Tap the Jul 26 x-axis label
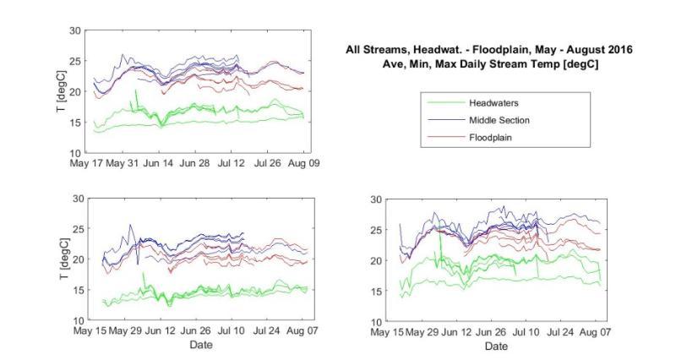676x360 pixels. click(x=269, y=163)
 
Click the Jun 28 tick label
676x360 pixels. click(x=199, y=163)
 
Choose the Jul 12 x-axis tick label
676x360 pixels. click(x=232, y=163)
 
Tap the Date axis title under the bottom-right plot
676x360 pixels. click(x=497, y=346)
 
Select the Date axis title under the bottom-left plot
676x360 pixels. click(x=201, y=344)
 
